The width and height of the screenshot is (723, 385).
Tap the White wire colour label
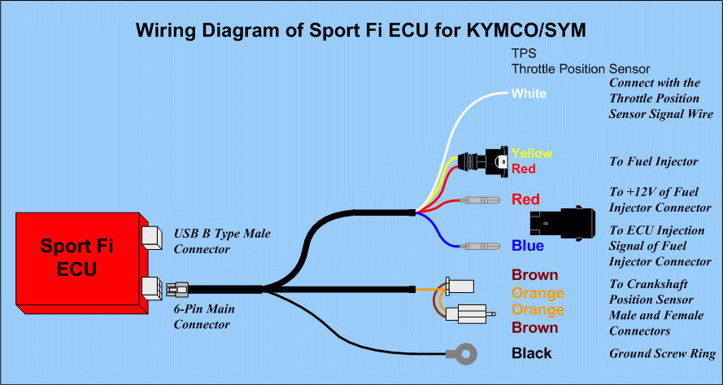pyautogui.click(x=529, y=94)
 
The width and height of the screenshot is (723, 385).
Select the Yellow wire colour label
pyautogui.click(x=532, y=153)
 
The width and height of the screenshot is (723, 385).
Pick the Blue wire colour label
pyautogui.click(x=528, y=246)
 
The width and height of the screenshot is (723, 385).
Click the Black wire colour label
pyautogui.click(x=531, y=353)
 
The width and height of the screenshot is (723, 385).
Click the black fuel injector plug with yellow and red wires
pyautogui.click(x=491, y=160)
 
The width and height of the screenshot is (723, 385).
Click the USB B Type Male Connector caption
pyautogui.click(x=221, y=241)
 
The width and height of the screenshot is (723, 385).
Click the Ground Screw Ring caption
pyautogui.click(x=662, y=354)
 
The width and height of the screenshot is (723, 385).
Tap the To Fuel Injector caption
pyautogui.click(x=653, y=162)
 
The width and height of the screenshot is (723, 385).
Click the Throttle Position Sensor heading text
pyautogui.click(x=581, y=69)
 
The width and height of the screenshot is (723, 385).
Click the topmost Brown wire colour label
pyautogui.click(x=534, y=275)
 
